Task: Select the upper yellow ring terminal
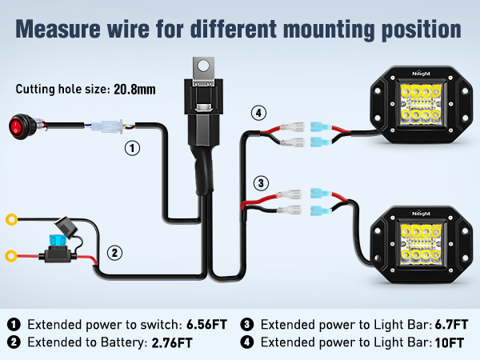coord(12,218)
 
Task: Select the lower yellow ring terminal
coord(12,256)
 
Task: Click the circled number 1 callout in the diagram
coord(133,148)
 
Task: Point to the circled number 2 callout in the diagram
coord(115,253)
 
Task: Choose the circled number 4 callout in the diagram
coord(258,113)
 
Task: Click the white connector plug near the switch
coord(107,126)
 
